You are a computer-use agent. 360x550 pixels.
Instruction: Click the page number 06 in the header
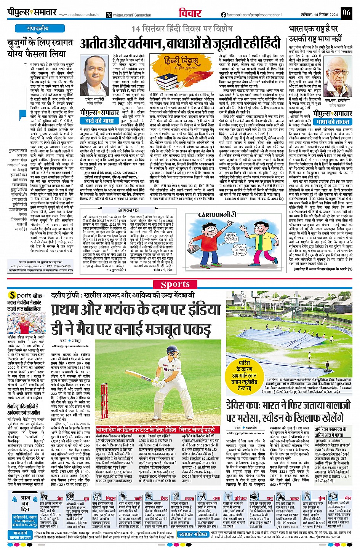coord(346,13)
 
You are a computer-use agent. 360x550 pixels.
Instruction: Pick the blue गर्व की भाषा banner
coord(100,121)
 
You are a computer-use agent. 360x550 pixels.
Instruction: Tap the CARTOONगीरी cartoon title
coord(217,215)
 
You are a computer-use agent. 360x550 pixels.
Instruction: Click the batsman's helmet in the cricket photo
coord(155,348)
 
